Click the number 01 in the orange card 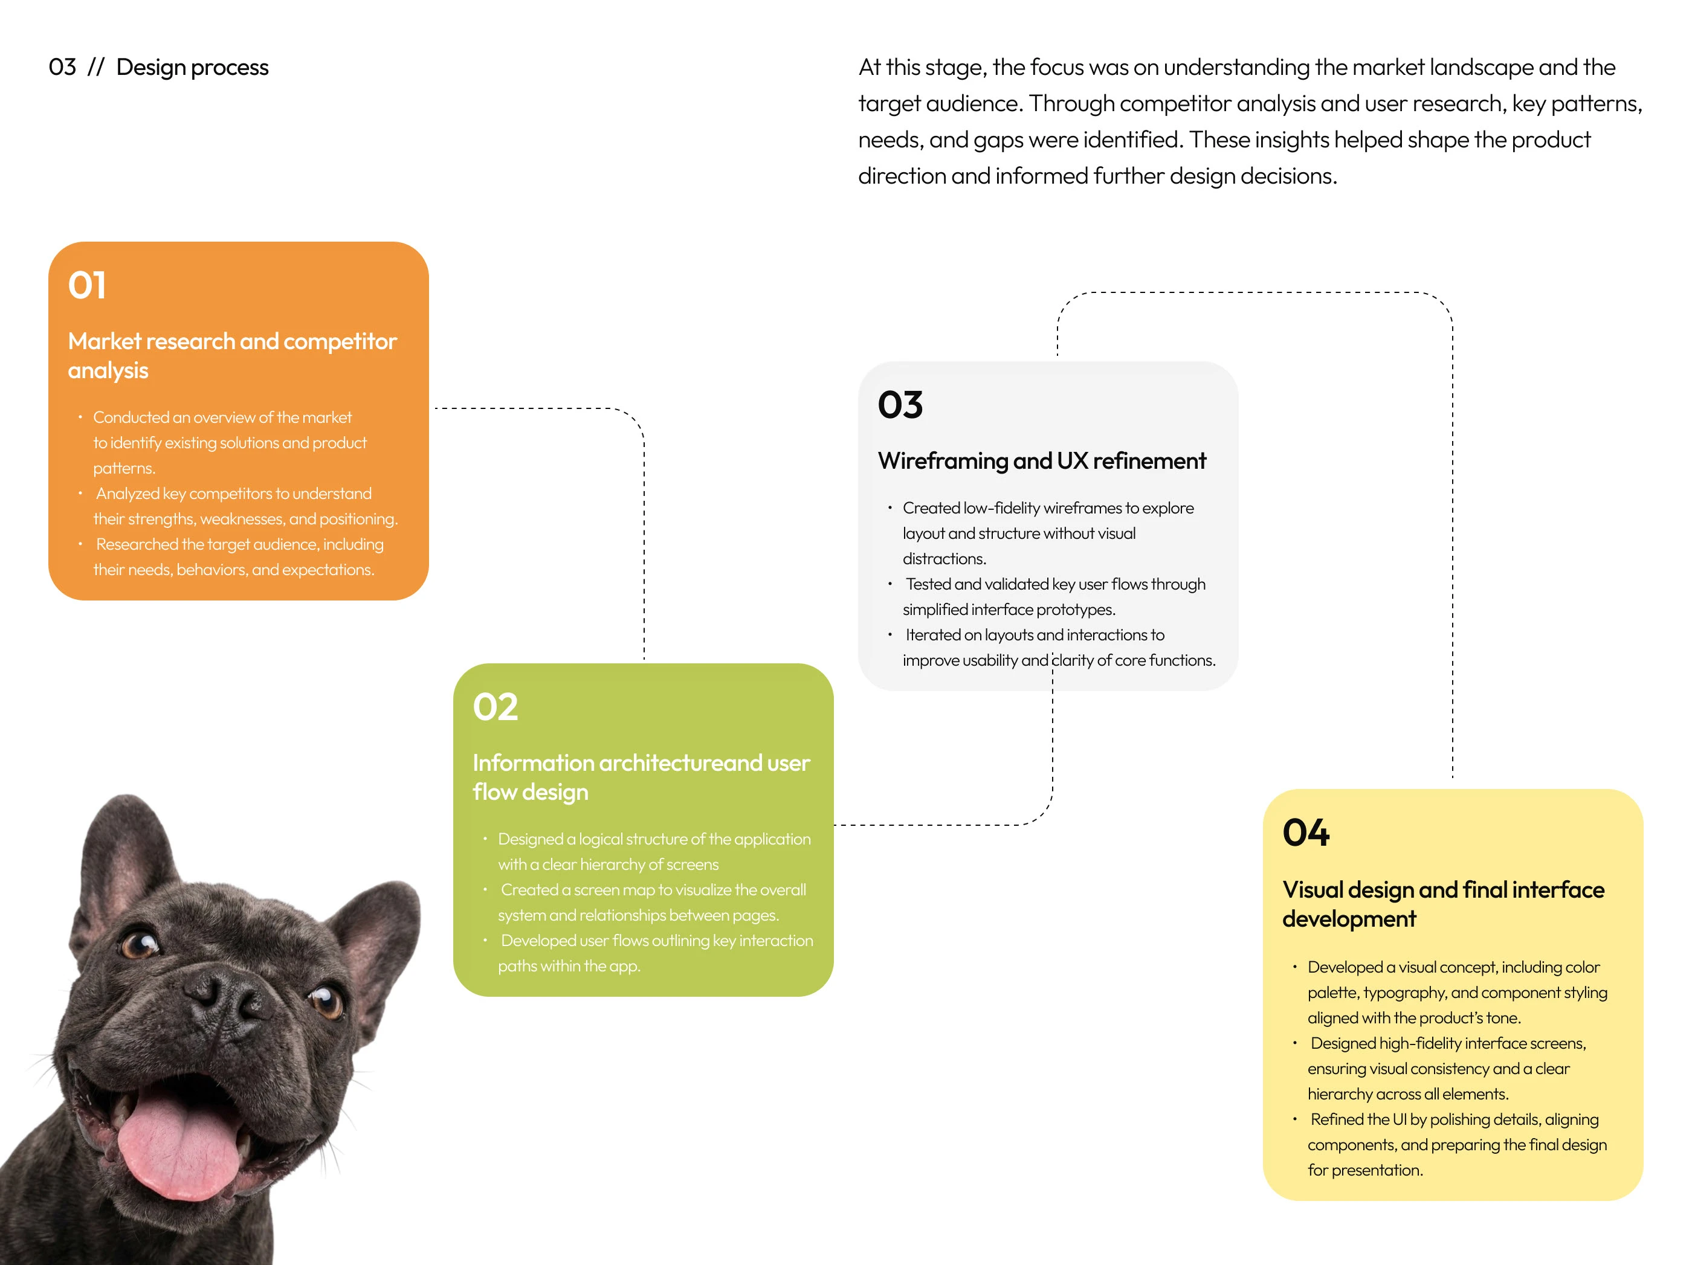point(87,285)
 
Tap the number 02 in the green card point(495,707)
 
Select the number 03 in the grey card point(900,405)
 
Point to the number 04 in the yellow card point(1306,833)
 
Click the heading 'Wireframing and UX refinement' point(1041,461)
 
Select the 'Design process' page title point(192,67)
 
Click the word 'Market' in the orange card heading point(105,341)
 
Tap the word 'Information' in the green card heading point(533,762)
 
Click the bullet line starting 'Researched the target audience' point(239,544)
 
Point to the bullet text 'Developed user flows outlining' point(656,941)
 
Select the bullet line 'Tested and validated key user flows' point(1055,584)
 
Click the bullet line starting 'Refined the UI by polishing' point(1453,1119)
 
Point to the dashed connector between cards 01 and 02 point(644,520)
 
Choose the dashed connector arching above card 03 point(1254,293)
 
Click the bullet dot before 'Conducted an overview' point(80,417)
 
